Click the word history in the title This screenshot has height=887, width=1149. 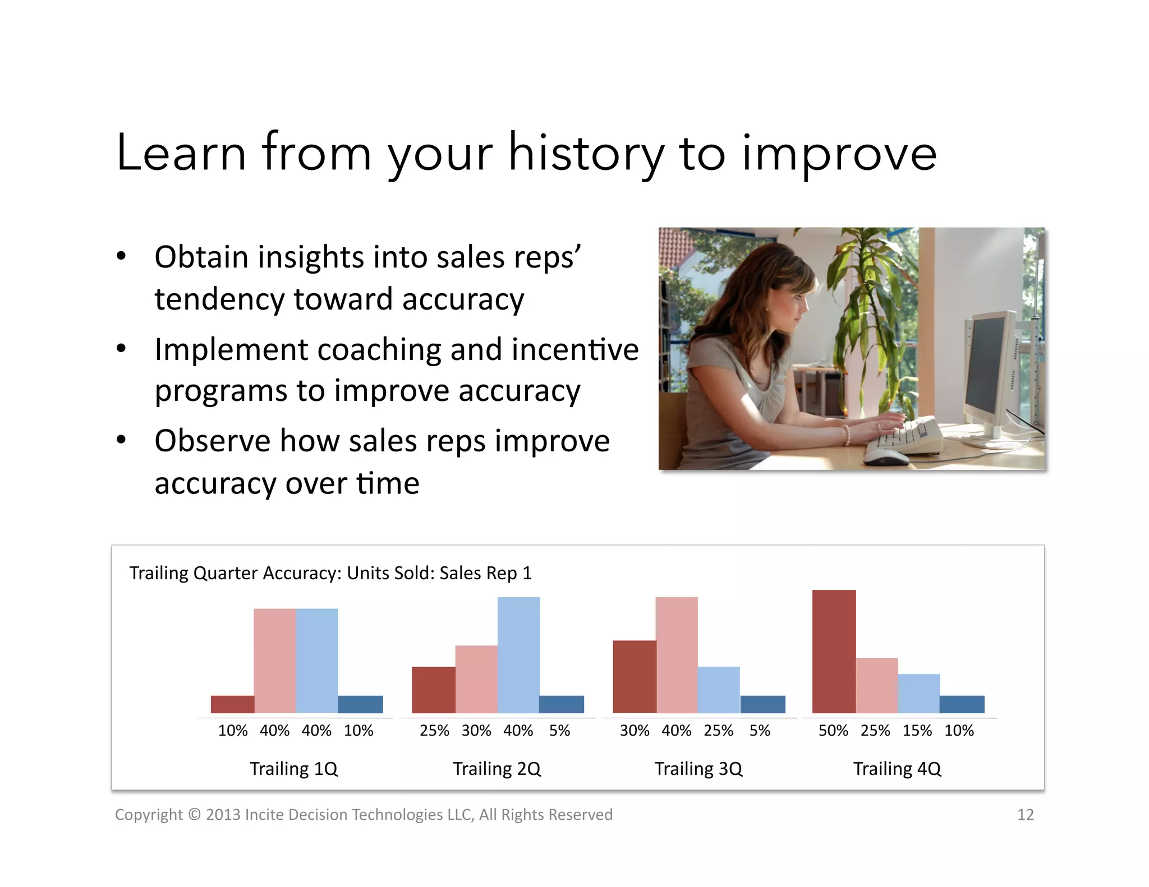coord(585,153)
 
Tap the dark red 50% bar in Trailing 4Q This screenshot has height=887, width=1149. coord(834,652)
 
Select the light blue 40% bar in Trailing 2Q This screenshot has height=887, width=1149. coord(518,655)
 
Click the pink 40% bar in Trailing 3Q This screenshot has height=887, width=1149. coord(676,655)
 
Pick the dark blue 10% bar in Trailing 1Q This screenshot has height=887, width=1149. coord(360,704)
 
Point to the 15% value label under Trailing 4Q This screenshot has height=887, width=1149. coord(917,731)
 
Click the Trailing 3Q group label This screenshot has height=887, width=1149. coord(698,768)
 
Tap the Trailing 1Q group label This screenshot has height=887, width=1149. coord(293,768)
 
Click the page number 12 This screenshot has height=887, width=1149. coord(1025,814)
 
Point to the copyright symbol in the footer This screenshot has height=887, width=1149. coord(194,814)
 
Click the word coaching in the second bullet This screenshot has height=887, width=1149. coord(379,350)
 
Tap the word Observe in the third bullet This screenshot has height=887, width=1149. coord(212,441)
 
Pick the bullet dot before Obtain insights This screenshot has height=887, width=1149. coord(121,257)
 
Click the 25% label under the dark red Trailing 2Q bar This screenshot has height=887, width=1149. coord(434,731)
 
